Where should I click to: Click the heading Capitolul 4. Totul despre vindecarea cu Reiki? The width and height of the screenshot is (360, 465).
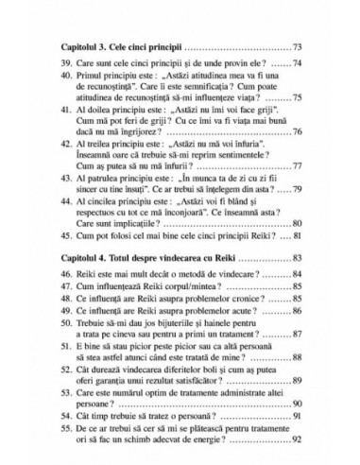[x=143, y=257]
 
